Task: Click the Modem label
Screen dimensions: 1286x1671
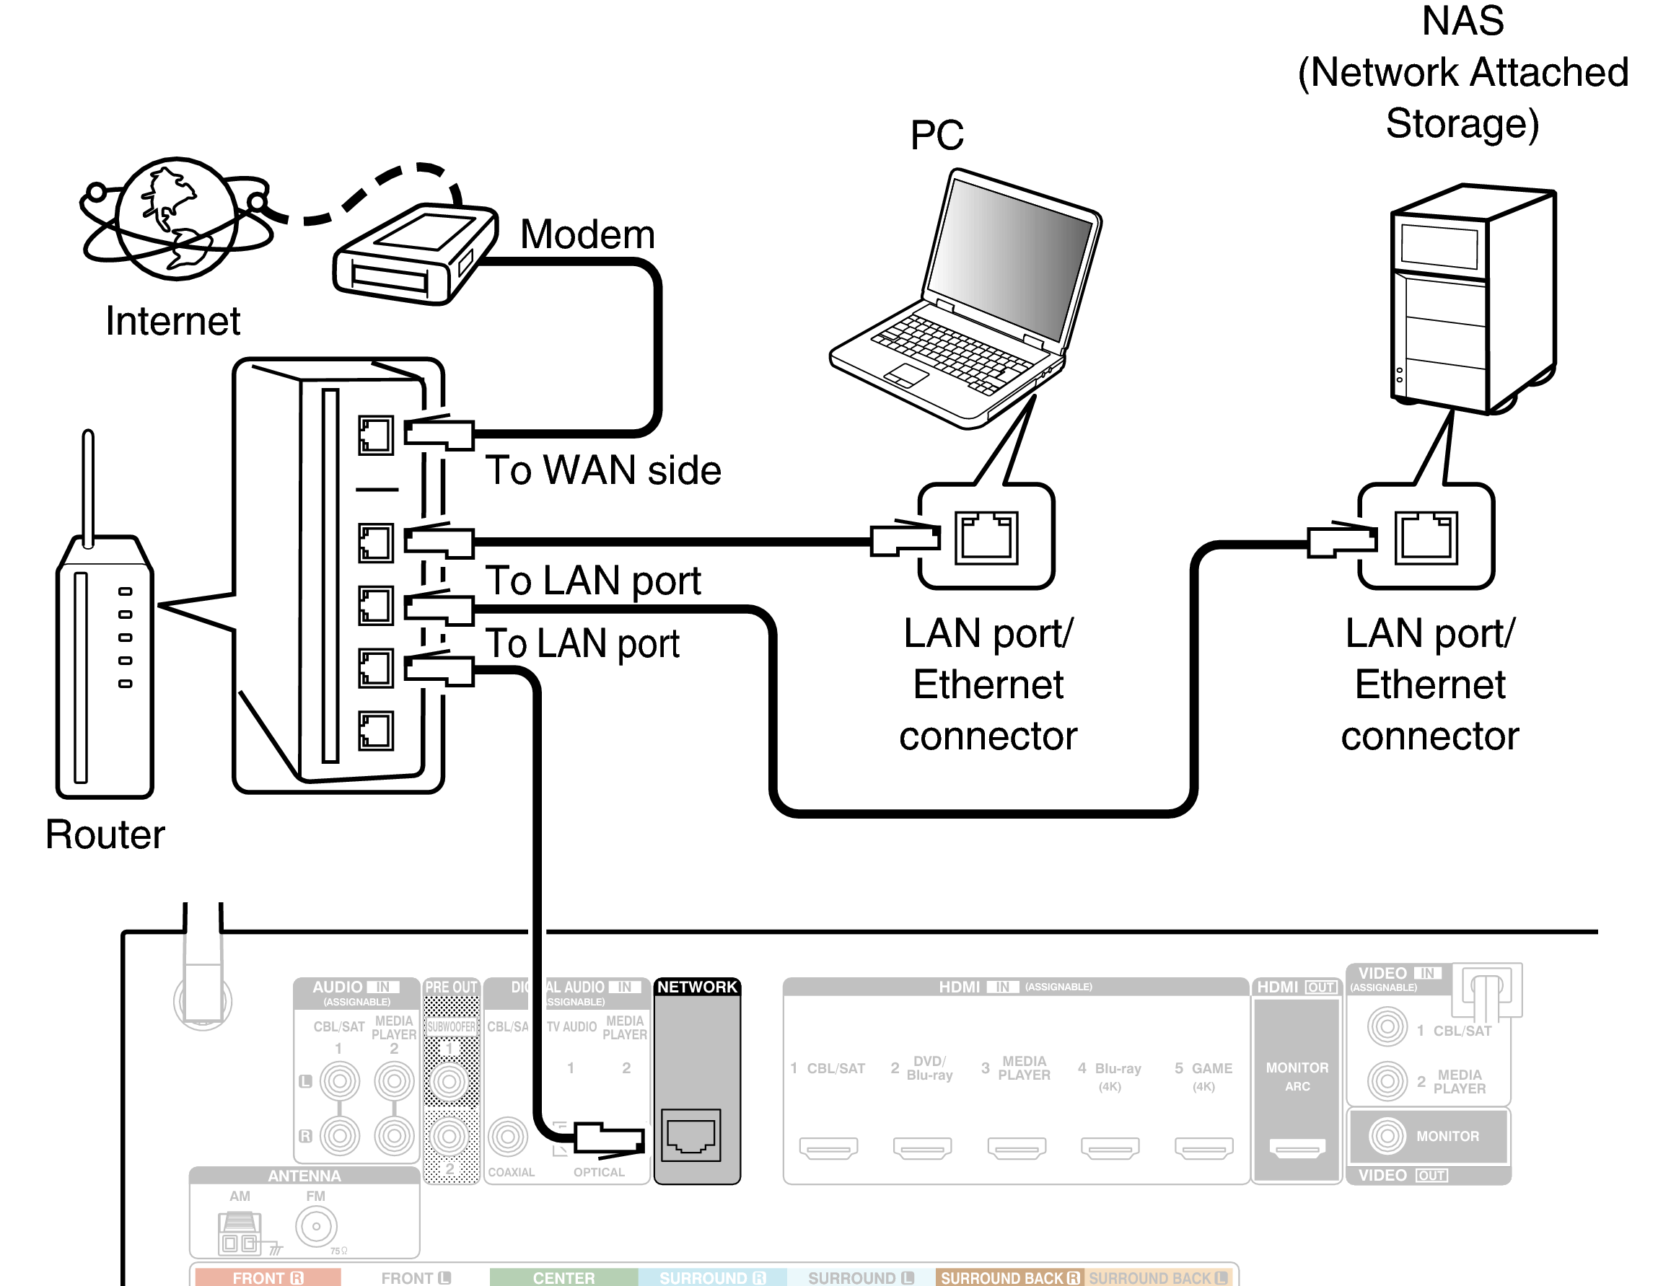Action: coord(587,234)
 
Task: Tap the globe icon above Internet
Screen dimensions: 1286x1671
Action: coord(177,219)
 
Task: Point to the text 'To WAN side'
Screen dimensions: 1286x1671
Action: coord(603,470)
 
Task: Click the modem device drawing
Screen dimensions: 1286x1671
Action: coord(415,254)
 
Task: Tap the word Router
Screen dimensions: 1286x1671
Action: coord(105,834)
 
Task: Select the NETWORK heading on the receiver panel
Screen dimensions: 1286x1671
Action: coord(696,987)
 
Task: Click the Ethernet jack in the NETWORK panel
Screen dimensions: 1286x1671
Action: coord(691,1135)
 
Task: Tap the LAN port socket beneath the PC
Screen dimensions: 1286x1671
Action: coord(986,537)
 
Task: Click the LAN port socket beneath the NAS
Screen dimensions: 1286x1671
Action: coord(1426,537)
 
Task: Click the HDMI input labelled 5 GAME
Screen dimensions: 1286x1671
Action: coord(1203,1147)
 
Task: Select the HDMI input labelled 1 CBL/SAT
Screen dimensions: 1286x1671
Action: coord(828,1147)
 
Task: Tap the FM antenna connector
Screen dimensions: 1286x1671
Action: coord(316,1226)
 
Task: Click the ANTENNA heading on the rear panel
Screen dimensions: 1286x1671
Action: coord(304,1176)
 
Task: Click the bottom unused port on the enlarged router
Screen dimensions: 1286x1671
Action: coord(376,731)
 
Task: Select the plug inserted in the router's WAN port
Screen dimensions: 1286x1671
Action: coord(439,433)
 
